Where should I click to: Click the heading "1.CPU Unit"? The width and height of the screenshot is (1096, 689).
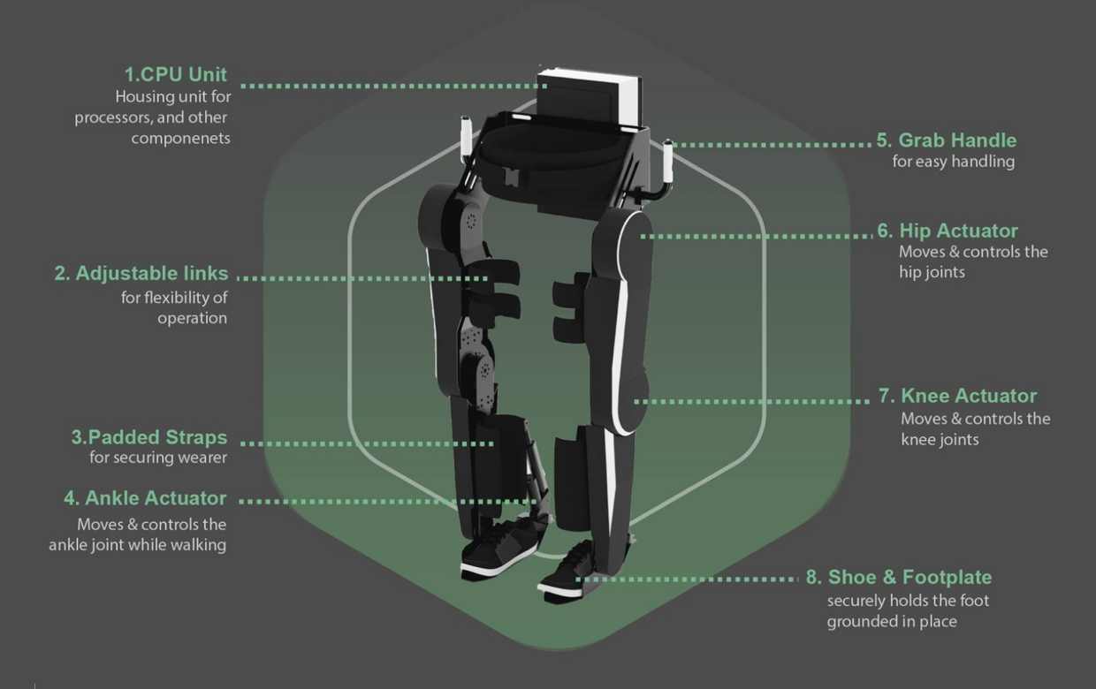coord(175,75)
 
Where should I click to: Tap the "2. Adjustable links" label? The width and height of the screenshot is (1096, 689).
coord(141,274)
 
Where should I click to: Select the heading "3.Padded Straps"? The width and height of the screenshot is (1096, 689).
coord(149,437)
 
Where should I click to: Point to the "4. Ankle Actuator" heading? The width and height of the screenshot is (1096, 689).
coord(145,498)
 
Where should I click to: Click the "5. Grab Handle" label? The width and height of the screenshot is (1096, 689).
coord(947,140)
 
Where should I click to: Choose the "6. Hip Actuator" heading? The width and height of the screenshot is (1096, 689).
coord(948,231)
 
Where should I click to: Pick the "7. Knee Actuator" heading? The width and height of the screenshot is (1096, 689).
coord(957,396)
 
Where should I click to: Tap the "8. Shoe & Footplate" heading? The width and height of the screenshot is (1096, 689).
coord(899,578)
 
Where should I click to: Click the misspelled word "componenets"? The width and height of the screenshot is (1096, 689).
coord(181,139)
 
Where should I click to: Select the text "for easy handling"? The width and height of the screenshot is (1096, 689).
coord(954,162)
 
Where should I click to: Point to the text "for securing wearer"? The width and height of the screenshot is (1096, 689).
coord(158,458)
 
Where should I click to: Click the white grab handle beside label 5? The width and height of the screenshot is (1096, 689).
coord(669,159)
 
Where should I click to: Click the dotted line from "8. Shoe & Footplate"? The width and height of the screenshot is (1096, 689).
coord(689,579)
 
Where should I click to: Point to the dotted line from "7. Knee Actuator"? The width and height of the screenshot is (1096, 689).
coord(751,401)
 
